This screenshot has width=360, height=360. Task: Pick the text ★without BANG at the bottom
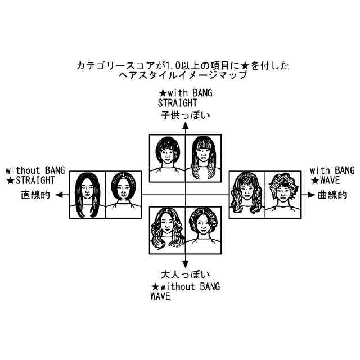click(x=185, y=286)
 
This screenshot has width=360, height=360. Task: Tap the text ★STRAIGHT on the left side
click(x=31, y=181)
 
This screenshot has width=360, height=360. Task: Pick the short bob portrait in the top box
click(x=168, y=156)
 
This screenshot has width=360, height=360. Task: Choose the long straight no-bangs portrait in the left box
click(x=88, y=195)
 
